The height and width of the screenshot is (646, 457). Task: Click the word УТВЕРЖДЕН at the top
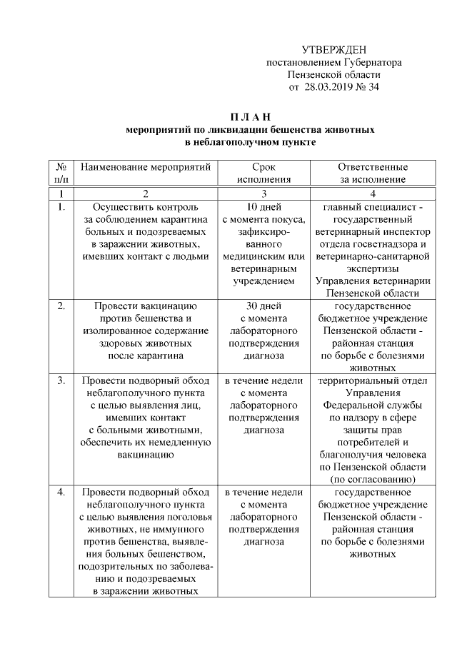333,49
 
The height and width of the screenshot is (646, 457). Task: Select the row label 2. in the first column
61,306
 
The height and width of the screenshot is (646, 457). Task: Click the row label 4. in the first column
61,493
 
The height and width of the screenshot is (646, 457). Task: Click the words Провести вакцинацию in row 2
146,306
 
